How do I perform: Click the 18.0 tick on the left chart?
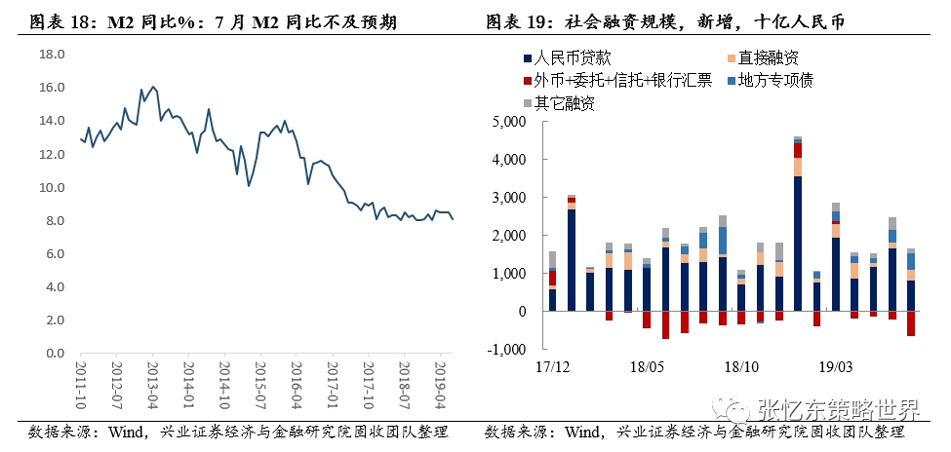[51, 54]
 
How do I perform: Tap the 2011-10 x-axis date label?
[81, 383]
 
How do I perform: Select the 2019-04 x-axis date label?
[440, 383]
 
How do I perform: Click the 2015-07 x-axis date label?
[260, 383]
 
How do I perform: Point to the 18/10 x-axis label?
[740, 367]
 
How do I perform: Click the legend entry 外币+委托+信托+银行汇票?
[622, 81]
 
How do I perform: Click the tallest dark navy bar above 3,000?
[798, 244]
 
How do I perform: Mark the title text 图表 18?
[53, 21]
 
